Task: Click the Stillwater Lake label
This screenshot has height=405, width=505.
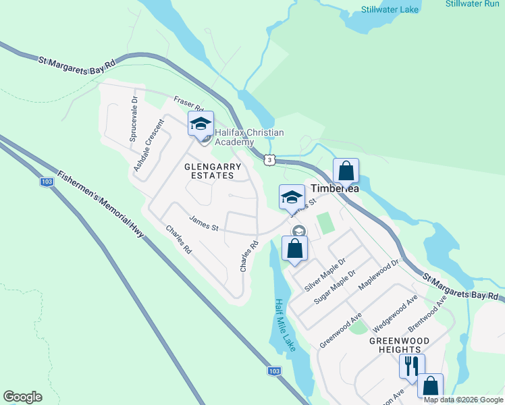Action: tap(390, 9)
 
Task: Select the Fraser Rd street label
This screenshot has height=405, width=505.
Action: tap(188, 103)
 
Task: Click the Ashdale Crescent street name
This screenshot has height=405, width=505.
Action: tap(149, 145)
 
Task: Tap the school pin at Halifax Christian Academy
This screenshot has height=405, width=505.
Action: tap(201, 125)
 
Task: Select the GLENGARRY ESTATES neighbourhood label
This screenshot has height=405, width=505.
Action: tap(209, 169)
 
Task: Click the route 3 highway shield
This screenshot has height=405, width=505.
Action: tap(270, 159)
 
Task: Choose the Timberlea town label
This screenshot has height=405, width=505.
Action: tap(334, 190)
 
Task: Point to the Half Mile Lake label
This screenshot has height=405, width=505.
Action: tap(286, 325)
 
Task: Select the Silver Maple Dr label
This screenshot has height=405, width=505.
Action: tap(325, 274)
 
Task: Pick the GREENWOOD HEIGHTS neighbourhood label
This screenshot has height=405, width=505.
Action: tap(395, 345)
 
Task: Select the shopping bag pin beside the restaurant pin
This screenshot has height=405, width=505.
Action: tap(430, 387)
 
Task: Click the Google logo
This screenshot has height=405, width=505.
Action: tap(22, 397)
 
